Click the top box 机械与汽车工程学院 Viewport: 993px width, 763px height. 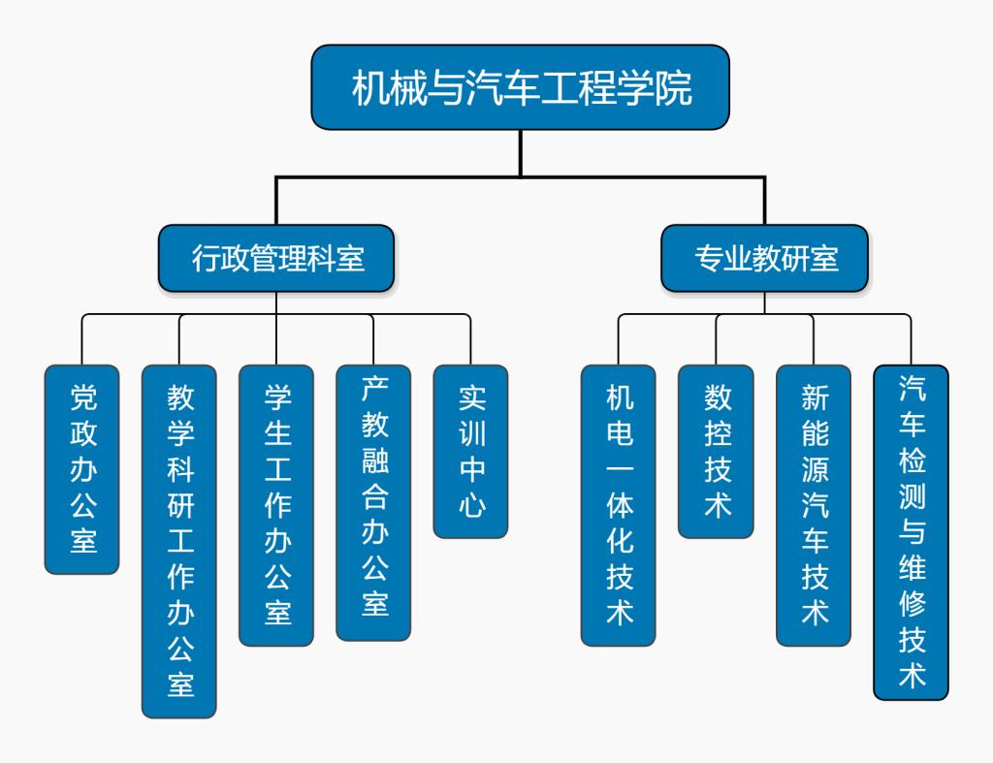coord(520,87)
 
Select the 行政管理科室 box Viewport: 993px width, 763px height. coord(276,258)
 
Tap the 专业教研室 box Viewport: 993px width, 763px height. coord(765,258)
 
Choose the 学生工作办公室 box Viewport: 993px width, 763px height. coord(276,504)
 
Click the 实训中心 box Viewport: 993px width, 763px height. coord(470,451)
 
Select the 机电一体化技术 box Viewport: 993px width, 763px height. coord(619,504)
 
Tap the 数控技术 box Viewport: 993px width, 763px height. coord(716,451)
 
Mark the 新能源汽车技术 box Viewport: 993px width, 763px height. coord(814,504)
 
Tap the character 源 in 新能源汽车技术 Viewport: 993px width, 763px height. coord(815,469)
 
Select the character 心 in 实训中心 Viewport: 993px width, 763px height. coord(471,504)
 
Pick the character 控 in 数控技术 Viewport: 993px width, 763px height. coord(717,433)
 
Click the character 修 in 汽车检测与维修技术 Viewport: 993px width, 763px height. coord(912,603)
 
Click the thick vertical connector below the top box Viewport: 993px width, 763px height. coord(521,153)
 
